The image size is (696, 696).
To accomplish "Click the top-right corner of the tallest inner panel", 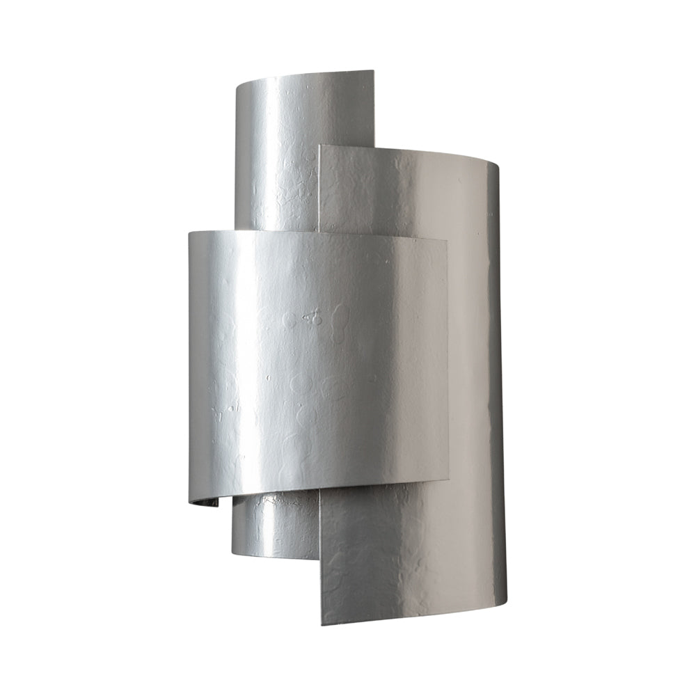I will point(373,71).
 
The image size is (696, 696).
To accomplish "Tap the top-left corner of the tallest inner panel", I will point(237,87).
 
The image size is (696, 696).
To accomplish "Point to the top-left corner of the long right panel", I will point(319,145).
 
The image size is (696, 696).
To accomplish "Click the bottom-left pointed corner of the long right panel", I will point(321,624).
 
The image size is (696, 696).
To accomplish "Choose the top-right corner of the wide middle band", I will point(447,239).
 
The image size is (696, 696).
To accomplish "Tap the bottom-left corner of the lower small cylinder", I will point(232,549).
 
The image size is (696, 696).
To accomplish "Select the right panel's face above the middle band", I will point(404,195).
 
